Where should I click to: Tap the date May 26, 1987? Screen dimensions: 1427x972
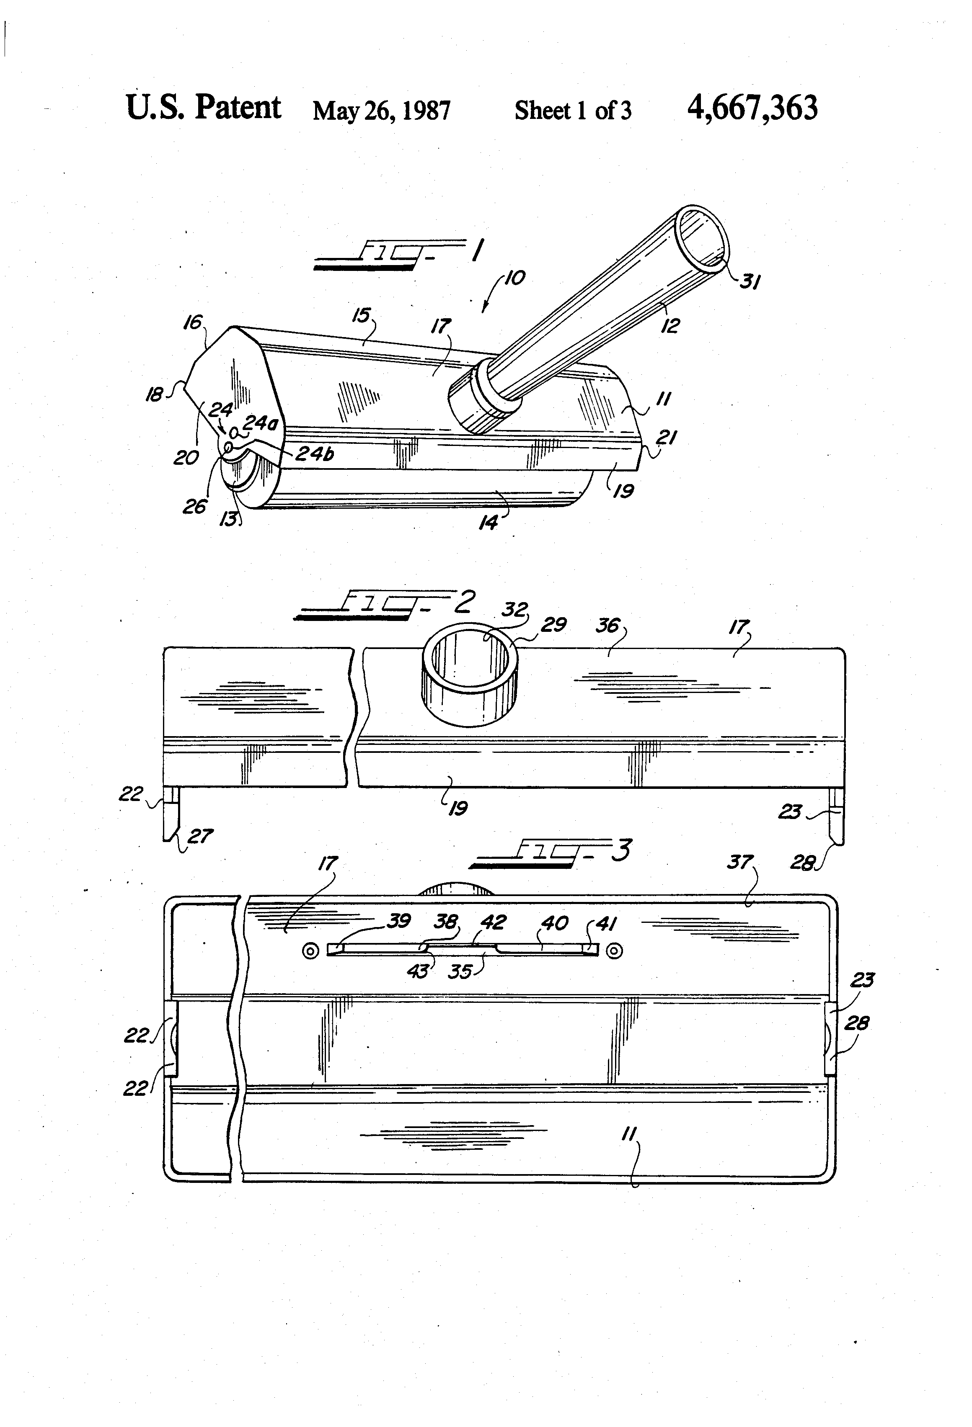pyautogui.click(x=382, y=111)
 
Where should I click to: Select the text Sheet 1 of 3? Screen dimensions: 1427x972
pyautogui.click(x=573, y=111)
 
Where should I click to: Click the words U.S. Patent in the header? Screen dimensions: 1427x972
pyautogui.click(x=203, y=108)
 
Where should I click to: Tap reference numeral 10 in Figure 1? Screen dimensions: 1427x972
pyautogui.click(x=515, y=278)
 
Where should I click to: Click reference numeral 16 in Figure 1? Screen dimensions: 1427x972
pyautogui.click(x=193, y=322)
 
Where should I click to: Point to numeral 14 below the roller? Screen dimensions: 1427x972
pyautogui.click(x=489, y=523)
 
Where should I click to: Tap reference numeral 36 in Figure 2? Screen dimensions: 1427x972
pyautogui.click(x=607, y=625)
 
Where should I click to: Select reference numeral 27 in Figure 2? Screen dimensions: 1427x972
pyautogui.click(x=200, y=836)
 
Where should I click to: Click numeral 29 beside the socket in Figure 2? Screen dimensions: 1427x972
pyautogui.click(x=553, y=624)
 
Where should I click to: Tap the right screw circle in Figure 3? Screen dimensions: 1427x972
pyautogui.click(x=614, y=951)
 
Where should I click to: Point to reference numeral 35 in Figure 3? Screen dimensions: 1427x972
pyautogui.click(x=460, y=972)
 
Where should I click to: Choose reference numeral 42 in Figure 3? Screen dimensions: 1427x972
pyautogui.click(x=494, y=922)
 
